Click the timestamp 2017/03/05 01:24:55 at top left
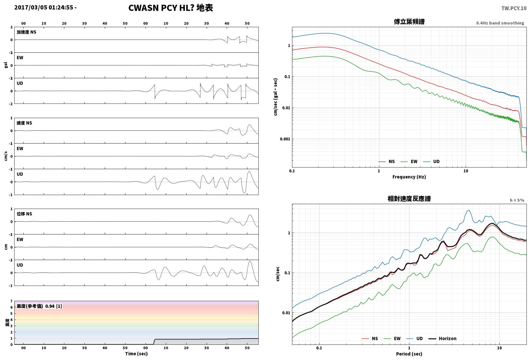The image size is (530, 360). point(44,7)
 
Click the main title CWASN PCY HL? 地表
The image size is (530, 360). point(171,8)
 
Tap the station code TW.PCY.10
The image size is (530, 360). point(514,8)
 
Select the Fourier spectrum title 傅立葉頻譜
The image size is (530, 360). point(409,22)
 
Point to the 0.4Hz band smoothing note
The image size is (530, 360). point(500,23)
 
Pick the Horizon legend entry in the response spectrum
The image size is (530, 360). point(443,338)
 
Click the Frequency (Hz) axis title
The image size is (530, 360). point(409,177)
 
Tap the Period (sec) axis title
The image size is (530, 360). point(409,354)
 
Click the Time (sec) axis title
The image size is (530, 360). point(136,354)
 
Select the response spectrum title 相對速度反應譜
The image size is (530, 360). point(409,199)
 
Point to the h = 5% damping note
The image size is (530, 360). point(517,200)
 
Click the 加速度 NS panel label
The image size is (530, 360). point(27,32)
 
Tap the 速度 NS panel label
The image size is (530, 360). point(24,123)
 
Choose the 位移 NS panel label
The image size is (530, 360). point(24,214)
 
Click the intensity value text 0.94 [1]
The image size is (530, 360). point(53,306)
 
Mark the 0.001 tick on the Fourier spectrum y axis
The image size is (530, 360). point(285,139)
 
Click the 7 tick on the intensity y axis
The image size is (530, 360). point(11,301)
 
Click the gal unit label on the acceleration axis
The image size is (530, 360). point(6,65)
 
